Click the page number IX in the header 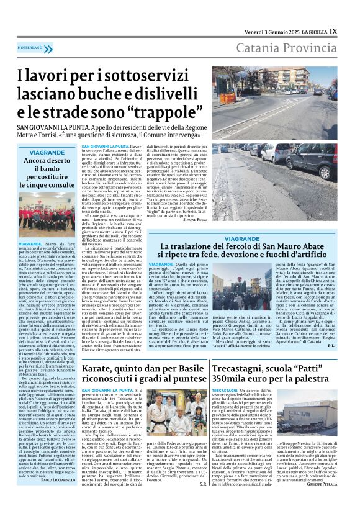coord(333,30)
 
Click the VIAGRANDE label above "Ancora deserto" coord(47,151)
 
